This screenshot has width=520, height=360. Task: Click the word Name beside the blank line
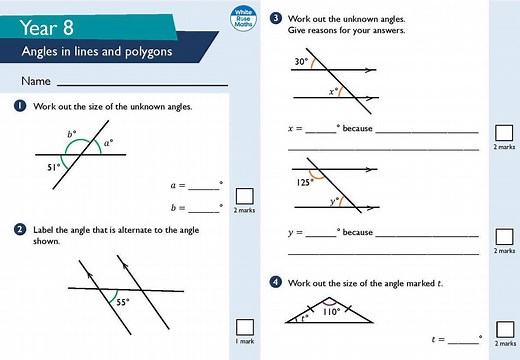(x=34, y=80)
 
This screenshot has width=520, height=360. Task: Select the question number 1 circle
(x=20, y=106)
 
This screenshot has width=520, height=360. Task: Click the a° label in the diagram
(x=108, y=142)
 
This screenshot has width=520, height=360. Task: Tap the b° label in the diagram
(x=72, y=133)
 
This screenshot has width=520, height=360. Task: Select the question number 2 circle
(x=20, y=229)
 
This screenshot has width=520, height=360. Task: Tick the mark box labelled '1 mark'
(x=243, y=327)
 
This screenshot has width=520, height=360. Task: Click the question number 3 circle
(x=276, y=18)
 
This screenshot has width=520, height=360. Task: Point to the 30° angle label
(x=301, y=62)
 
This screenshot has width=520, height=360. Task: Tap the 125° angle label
(x=305, y=182)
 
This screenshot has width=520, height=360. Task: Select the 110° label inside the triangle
(x=331, y=312)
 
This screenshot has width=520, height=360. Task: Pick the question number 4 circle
(x=276, y=283)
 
